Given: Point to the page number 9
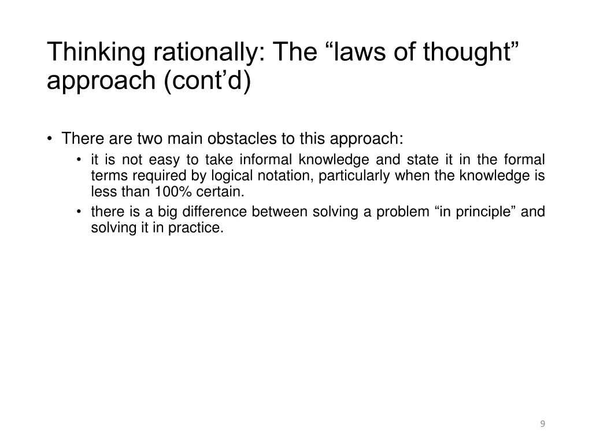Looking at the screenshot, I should (542, 424).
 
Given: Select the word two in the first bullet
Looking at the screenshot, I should (150, 139).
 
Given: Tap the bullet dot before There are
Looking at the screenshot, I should (51, 139).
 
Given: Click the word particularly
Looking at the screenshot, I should (354, 176).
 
